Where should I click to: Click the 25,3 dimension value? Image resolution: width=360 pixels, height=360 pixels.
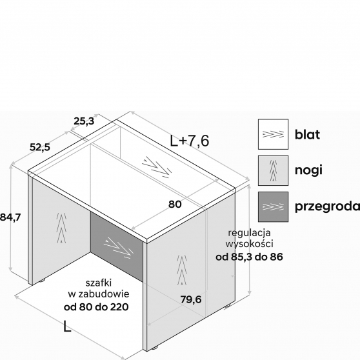(84, 121)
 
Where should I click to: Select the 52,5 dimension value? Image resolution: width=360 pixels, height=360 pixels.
(40, 147)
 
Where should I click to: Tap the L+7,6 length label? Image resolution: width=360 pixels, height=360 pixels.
(190, 141)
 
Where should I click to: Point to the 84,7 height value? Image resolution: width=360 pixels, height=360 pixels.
(10, 217)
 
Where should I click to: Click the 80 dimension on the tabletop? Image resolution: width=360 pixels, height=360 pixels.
(175, 204)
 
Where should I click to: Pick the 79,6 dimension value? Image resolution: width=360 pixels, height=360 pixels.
(191, 299)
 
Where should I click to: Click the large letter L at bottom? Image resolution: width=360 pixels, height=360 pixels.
(67, 326)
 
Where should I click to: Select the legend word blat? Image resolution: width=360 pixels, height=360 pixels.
(307, 134)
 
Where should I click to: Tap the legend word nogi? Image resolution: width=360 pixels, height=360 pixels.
(308, 170)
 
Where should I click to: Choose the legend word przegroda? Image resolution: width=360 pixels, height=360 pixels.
(327, 206)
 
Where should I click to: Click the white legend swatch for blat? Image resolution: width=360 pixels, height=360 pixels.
(273, 134)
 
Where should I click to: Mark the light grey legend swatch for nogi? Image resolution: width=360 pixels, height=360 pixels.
(273, 170)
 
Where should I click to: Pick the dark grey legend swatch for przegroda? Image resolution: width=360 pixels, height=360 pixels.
(273, 206)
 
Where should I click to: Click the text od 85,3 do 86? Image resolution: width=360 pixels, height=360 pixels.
(249, 257)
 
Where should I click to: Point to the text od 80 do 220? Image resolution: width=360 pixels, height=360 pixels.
(96, 306)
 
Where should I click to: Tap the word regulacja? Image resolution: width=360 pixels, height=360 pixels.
(249, 233)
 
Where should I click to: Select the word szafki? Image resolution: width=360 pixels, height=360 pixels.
(99, 283)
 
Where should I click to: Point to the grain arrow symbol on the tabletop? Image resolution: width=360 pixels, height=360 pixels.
(157, 167)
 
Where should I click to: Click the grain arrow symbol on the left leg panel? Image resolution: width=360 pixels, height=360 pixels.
(61, 228)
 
